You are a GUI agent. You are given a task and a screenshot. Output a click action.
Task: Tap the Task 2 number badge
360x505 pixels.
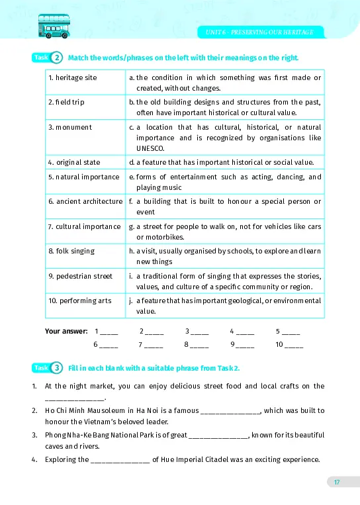pos(57,58)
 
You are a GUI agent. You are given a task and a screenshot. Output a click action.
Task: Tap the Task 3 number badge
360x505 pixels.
pos(57,368)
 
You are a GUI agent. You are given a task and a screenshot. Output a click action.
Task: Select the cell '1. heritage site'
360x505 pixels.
pos(73,77)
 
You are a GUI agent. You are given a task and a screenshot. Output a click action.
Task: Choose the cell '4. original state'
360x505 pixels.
pos(74,161)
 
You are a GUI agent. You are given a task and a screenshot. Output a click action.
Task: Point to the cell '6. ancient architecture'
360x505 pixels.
pos(85,201)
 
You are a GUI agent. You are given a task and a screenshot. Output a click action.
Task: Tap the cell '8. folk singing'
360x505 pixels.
pos(71,251)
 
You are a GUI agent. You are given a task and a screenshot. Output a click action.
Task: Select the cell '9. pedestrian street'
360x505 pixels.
pos(80,275)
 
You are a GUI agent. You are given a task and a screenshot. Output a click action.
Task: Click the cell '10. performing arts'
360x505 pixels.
pos(80,300)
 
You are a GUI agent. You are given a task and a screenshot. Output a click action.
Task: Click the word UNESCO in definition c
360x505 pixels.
pos(148,148)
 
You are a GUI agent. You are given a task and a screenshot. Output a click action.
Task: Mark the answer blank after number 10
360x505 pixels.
pos(294,345)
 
